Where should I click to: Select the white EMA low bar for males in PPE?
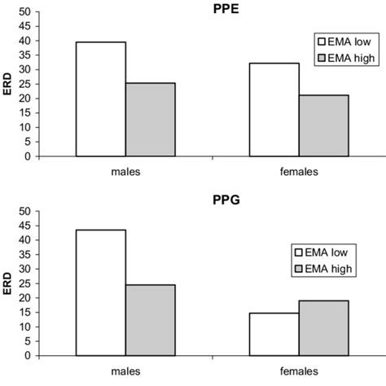(x=100, y=99)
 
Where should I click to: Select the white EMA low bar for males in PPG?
(x=100, y=292)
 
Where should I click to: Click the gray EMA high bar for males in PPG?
(x=150, y=320)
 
